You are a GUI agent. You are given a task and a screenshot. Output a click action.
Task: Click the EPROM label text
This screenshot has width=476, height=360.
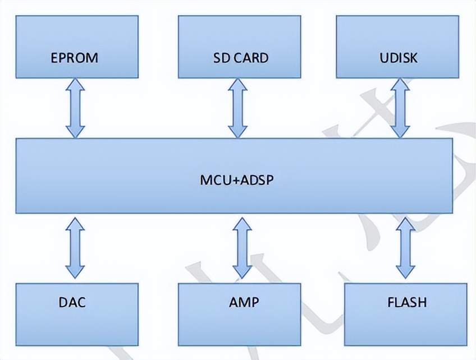pyautogui.click(x=75, y=58)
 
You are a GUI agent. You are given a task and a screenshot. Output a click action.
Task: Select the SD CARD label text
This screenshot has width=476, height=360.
pyautogui.click(x=240, y=58)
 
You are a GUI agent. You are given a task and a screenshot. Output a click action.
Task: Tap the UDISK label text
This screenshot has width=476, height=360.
pyautogui.click(x=398, y=58)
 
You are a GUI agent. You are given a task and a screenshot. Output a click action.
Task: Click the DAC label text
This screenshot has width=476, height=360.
pyautogui.click(x=72, y=302)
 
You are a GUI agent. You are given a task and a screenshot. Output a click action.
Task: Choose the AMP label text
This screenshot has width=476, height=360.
pyautogui.click(x=244, y=302)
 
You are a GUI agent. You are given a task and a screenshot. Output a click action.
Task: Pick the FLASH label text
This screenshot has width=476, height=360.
pyautogui.click(x=407, y=302)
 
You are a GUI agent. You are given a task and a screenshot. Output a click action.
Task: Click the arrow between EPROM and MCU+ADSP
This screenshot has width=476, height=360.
pyautogui.click(x=75, y=108)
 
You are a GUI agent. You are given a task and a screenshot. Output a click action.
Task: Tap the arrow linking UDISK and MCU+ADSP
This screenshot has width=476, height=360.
pyautogui.click(x=401, y=108)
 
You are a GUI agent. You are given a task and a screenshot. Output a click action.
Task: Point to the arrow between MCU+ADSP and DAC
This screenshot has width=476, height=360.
pyautogui.click(x=75, y=247)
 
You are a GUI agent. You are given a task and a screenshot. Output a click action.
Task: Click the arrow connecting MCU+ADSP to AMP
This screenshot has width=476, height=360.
pyautogui.click(x=242, y=247)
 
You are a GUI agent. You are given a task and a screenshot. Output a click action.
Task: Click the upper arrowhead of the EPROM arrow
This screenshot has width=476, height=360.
pyautogui.click(x=75, y=86)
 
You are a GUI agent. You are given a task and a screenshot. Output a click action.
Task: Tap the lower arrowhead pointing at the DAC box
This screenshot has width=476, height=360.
pyautogui.click(x=75, y=270)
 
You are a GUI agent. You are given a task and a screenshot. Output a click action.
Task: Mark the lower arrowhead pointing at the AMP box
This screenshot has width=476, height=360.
pyautogui.click(x=242, y=270)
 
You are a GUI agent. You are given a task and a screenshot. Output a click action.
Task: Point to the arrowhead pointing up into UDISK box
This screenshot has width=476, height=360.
pyautogui.click(x=401, y=86)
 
